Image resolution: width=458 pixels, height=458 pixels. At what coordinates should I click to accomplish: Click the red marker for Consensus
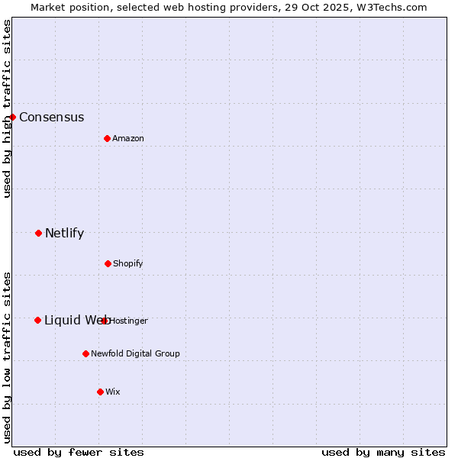13,117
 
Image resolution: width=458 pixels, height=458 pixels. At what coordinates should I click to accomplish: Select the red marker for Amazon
107,138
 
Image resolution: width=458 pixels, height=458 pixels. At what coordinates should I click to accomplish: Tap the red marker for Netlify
38,233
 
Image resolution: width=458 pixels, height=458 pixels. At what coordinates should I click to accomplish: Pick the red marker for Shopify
108,263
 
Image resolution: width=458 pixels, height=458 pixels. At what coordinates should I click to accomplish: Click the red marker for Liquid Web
37,320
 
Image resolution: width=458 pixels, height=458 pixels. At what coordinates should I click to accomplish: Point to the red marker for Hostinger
105,321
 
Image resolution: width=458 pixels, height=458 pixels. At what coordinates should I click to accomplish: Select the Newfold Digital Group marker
85,353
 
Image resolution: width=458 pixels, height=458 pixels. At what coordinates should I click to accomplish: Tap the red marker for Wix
100,392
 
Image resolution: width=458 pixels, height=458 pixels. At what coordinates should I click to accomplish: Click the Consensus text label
51,117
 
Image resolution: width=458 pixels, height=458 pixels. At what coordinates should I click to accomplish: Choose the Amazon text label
128,138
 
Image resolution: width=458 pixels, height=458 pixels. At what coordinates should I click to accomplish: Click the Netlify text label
64,233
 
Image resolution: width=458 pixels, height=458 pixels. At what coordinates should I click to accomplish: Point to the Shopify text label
128,263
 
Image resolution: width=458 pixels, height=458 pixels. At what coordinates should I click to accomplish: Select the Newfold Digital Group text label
135,353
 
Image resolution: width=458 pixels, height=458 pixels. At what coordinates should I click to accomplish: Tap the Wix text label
113,392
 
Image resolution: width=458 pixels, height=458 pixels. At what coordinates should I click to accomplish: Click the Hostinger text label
129,321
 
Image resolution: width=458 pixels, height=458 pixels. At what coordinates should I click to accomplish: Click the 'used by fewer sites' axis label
79,452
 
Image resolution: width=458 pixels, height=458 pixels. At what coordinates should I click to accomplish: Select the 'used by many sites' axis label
383,452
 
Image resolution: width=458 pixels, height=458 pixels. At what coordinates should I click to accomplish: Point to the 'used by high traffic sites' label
7,108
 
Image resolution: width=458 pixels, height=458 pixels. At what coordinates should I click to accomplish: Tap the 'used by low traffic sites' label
7,356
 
